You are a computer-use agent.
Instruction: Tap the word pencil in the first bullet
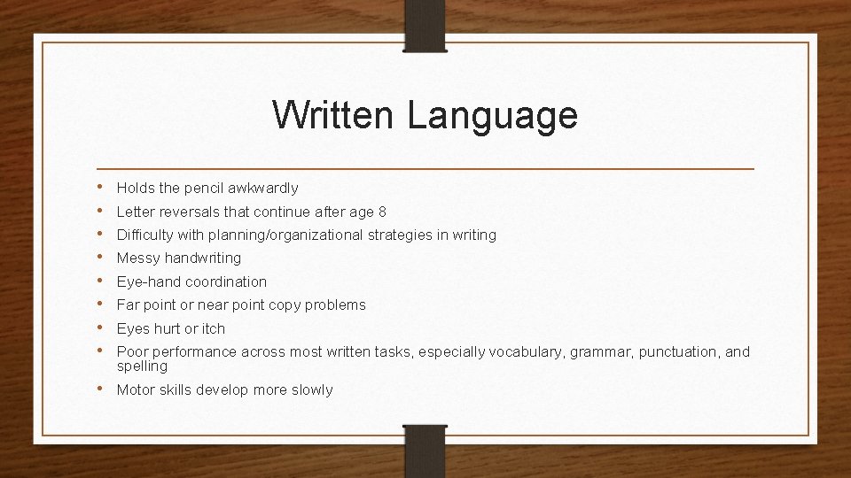pyautogui.click(x=201, y=189)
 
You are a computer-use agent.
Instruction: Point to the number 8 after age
pyautogui.click(x=382, y=212)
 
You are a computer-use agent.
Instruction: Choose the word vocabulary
pyautogui.click(x=527, y=352)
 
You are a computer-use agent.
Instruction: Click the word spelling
pyautogui.click(x=142, y=366)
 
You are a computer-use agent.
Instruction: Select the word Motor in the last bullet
pyautogui.click(x=136, y=390)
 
